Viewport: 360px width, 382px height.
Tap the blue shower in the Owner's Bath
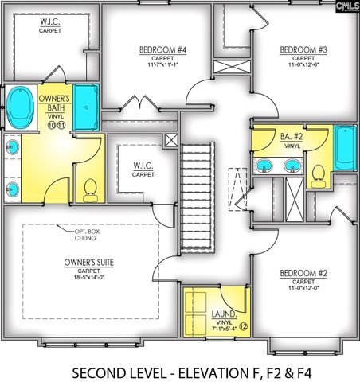click(x=85, y=107)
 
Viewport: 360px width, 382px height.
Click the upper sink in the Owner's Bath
click(x=13, y=146)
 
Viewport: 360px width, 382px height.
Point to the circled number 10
click(x=51, y=126)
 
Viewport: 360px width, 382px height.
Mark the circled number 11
click(x=61, y=126)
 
